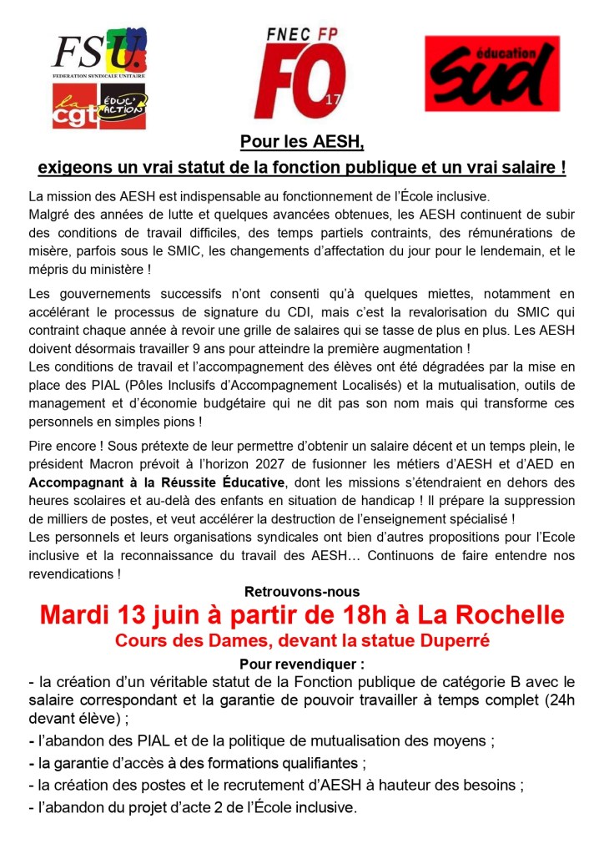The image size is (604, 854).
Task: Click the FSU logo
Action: pos(99,53)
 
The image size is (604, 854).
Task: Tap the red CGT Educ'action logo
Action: pos(99,109)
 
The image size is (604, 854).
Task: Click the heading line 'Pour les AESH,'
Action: pos(302,142)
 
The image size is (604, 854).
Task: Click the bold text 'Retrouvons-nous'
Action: pos(301,592)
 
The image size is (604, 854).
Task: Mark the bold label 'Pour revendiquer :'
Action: pos(301,665)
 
